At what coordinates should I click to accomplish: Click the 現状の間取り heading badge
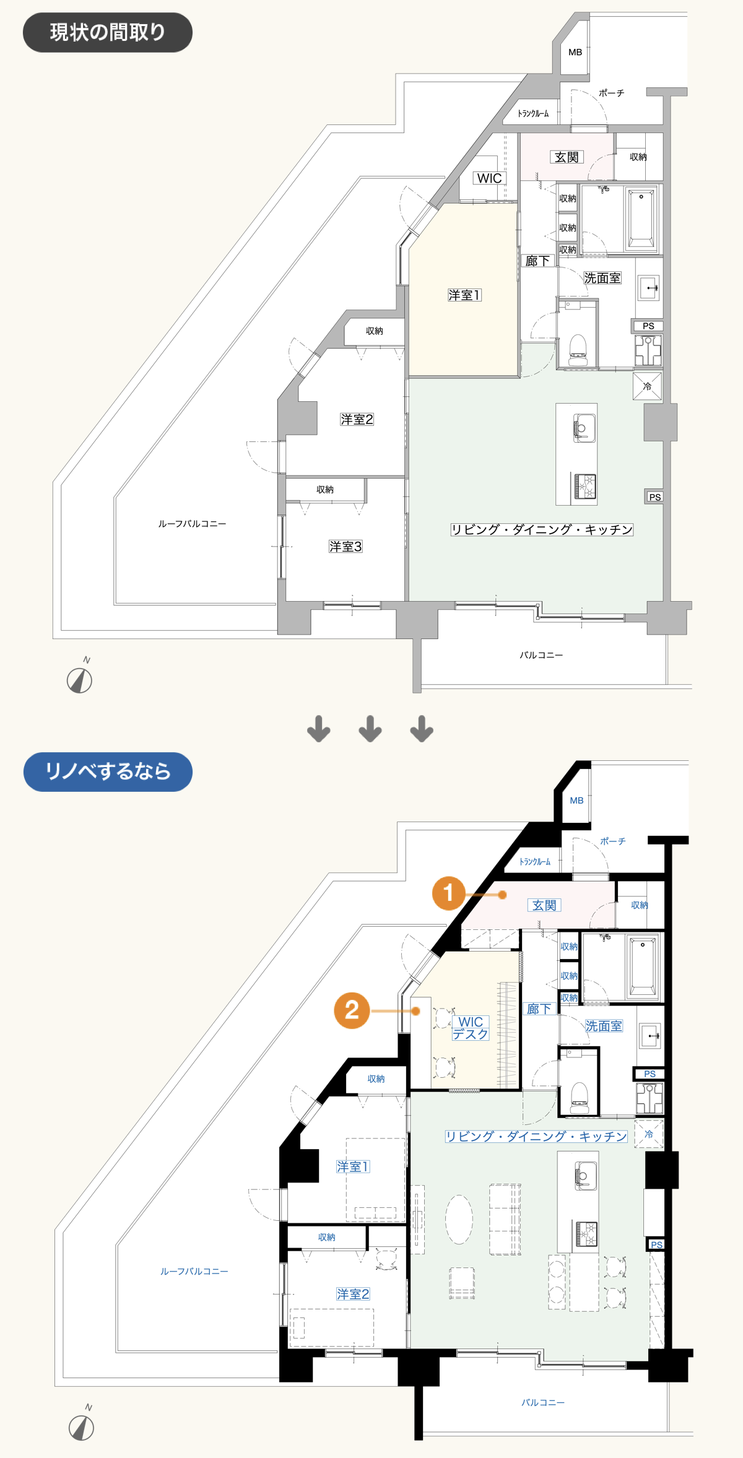pos(108,32)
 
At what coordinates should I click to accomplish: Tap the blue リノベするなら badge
pos(108,771)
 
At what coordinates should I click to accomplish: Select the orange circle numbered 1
pos(449,893)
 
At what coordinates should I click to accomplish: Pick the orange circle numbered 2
pos(352,1010)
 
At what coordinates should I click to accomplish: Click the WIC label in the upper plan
pos(489,178)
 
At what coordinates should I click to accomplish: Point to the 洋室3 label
pos(345,546)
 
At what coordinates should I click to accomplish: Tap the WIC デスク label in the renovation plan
pos(471,1028)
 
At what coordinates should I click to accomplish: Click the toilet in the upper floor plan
pos(578,349)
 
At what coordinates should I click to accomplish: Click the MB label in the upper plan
pos(575,53)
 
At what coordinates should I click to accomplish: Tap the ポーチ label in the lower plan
pos(613,841)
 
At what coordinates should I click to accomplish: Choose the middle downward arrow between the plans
pos(370,729)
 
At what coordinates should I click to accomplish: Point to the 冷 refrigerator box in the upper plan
pos(648,386)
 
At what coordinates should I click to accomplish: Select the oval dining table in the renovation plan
pos(459,1219)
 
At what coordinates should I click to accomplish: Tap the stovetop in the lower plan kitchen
pos(586,1234)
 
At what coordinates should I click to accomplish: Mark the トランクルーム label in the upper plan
pos(533,113)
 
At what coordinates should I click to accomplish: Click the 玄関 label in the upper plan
pos(567,157)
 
